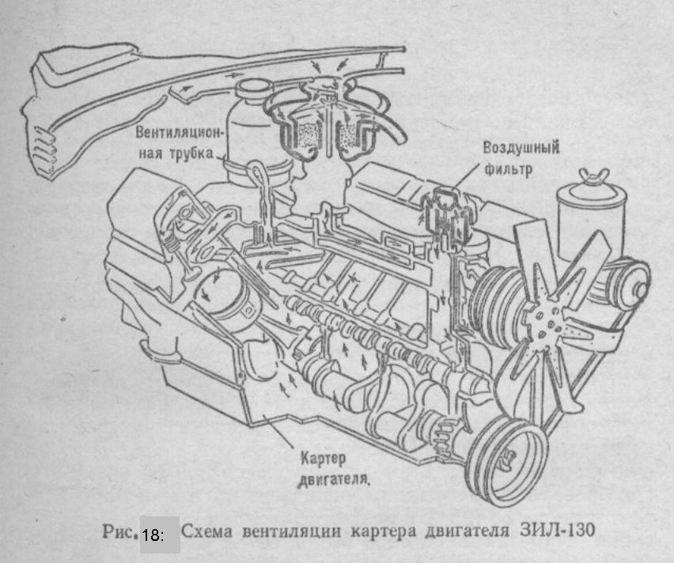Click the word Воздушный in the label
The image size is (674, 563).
coord(521,148)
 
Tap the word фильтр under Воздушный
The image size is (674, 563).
coord(509,169)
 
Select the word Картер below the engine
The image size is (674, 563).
coord(323,459)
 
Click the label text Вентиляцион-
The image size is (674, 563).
coord(180,132)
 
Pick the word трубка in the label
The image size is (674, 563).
coord(191,153)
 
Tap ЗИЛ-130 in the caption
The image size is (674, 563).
coord(558,530)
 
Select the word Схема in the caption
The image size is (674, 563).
coord(206,531)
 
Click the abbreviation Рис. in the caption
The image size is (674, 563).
coord(119,532)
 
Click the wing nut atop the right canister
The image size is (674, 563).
coord(593,176)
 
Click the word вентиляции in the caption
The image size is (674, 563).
coord(292,531)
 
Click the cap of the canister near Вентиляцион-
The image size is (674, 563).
coord(254,89)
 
